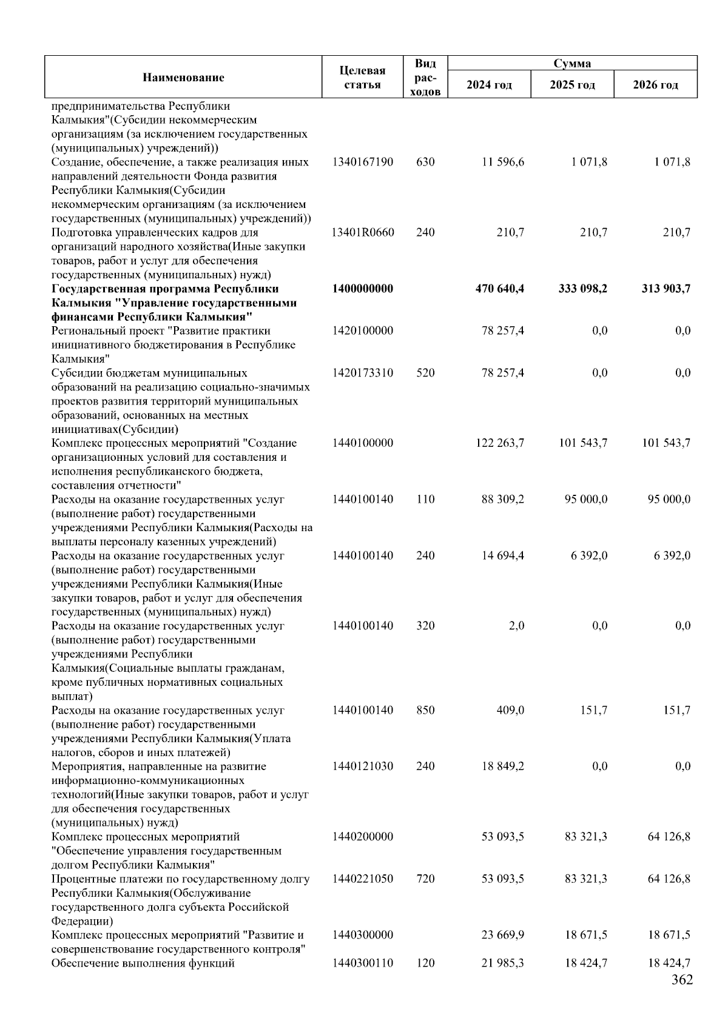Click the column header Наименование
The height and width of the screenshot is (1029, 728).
tap(183, 77)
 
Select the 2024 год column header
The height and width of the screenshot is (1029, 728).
tap(489, 84)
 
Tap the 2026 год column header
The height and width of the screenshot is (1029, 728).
tap(655, 84)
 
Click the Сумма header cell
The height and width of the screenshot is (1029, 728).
tap(572, 63)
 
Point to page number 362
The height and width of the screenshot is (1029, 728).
tap(682, 997)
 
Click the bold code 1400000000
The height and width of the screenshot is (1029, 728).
tap(363, 289)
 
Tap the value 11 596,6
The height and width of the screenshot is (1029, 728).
tap(503, 162)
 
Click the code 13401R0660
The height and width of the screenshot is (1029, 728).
tap(363, 232)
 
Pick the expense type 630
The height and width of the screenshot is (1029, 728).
tap(425, 162)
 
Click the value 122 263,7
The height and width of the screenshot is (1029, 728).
tap(500, 443)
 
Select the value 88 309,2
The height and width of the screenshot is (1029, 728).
tap(503, 500)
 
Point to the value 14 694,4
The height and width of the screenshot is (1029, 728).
tap(503, 555)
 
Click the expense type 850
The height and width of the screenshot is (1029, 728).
tap(425, 710)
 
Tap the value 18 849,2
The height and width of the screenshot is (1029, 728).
tap(503, 766)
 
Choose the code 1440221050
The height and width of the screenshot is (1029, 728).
tap(363, 879)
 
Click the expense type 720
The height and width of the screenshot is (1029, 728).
tap(425, 879)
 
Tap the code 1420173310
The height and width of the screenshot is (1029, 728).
tap(363, 373)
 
